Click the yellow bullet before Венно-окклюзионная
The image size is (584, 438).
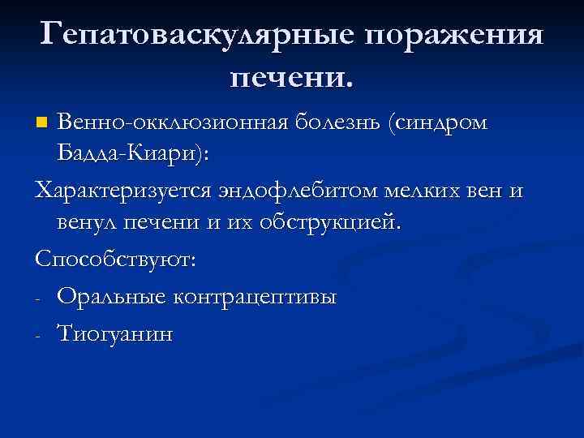click(x=43, y=123)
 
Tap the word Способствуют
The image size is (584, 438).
click(x=114, y=261)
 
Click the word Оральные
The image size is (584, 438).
click(x=109, y=297)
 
